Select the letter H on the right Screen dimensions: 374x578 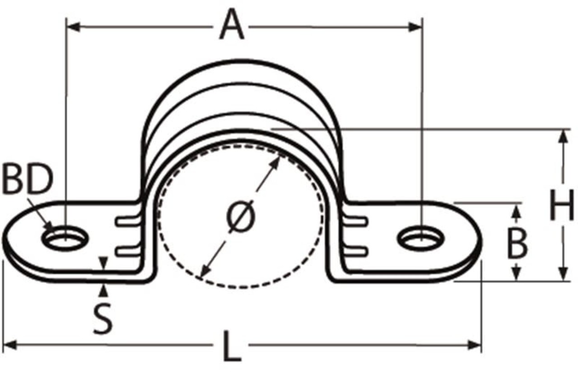(x=561, y=205)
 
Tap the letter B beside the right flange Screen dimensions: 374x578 (x=517, y=244)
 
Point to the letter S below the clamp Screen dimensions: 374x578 (x=103, y=319)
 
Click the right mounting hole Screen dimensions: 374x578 (x=421, y=238)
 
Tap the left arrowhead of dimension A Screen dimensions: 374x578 (x=72, y=27)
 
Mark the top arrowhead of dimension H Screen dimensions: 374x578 (x=563, y=136)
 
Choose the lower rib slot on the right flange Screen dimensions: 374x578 (x=356, y=250)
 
